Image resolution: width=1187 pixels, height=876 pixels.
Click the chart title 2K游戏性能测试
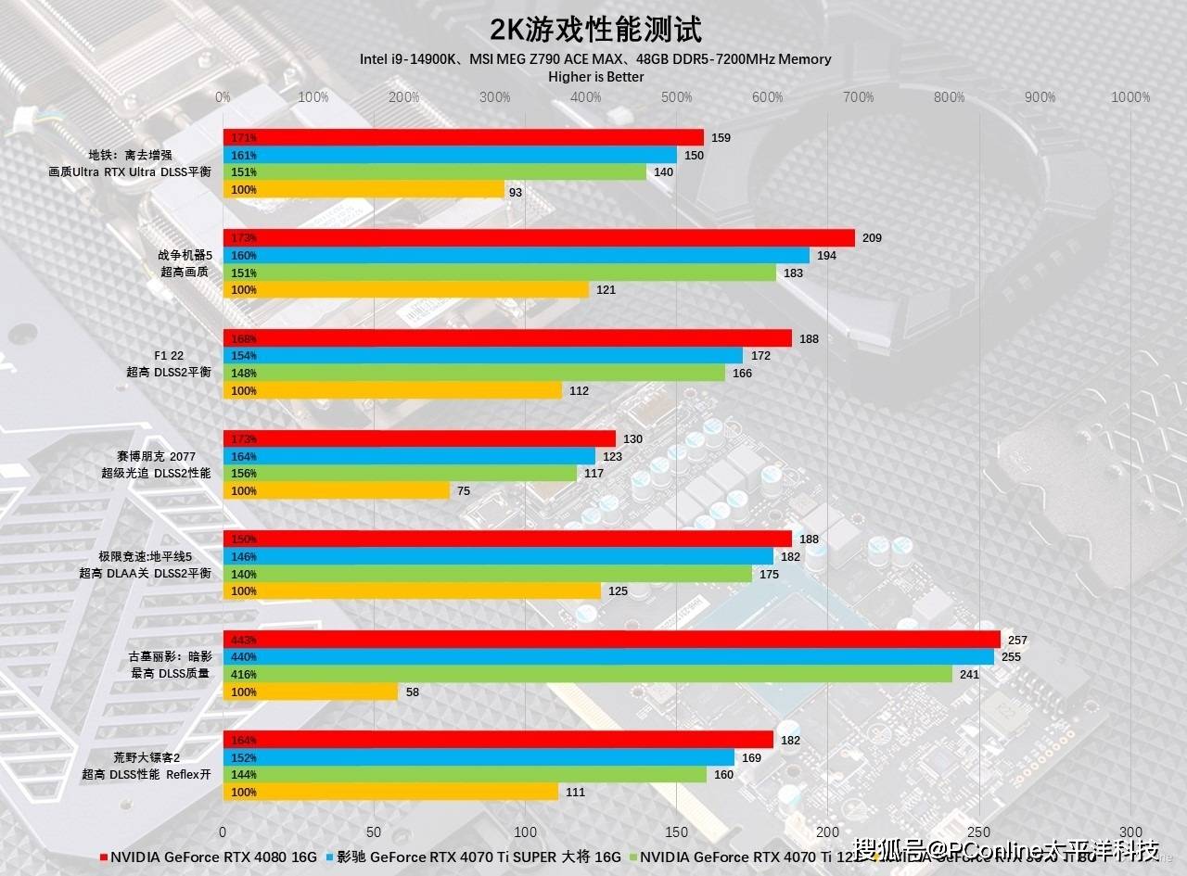(x=595, y=30)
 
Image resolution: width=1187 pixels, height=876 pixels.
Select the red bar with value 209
(x=538, y=238)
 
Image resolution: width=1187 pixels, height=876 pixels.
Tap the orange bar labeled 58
(x=310, y=692)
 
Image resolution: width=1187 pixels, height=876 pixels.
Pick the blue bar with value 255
(x=607, y=657)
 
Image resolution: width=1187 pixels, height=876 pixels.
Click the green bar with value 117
(x=399, y=474)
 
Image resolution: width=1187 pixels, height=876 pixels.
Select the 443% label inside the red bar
(x=244, y=641)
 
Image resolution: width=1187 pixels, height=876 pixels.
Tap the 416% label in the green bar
(x=244, y=675)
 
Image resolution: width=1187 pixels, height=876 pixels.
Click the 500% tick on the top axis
(x=677, y=97)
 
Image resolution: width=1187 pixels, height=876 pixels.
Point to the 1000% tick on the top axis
(x=1130, y=97)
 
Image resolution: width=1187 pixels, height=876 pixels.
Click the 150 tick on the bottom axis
(x=677, y=832)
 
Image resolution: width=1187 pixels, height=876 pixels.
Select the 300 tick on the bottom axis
(x=1130, y=832)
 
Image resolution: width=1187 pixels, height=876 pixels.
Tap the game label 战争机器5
(x=185, y=256)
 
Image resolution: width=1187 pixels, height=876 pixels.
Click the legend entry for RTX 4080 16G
(x=209, y=857)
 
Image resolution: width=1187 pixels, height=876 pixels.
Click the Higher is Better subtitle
(x=595, y=77)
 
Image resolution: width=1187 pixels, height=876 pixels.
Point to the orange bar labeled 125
(x=411, y=591)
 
